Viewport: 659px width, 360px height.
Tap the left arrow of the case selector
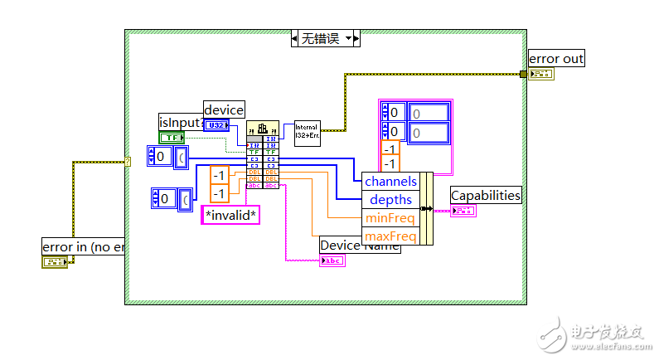click(296, 38)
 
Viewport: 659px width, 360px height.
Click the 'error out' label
click(557, 58)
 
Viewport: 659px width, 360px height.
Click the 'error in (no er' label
click(83, 246)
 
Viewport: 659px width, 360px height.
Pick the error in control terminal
click(55, 261)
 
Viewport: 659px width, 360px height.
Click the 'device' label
click(224, 109)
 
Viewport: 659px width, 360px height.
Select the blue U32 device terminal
click(217, 125)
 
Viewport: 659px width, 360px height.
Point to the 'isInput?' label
click(181, 123)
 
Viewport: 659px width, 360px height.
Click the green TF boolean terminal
click(172, 137)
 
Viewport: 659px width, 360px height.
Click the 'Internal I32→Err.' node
click(307, 133)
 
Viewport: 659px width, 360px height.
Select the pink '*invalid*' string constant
click(231, 216)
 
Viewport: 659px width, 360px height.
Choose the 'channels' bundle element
click(390, 181)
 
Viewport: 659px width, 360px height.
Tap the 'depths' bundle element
click(390, 200)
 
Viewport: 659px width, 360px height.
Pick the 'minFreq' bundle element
click(390, 218)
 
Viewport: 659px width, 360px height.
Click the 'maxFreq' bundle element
click(390, 236)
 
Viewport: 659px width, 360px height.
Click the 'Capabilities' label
click(486, 195)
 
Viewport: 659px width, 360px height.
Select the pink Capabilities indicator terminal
click(463, 210)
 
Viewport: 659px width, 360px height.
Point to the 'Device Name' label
click(360, 245)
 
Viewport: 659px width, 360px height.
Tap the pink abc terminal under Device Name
click(332, 260)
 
